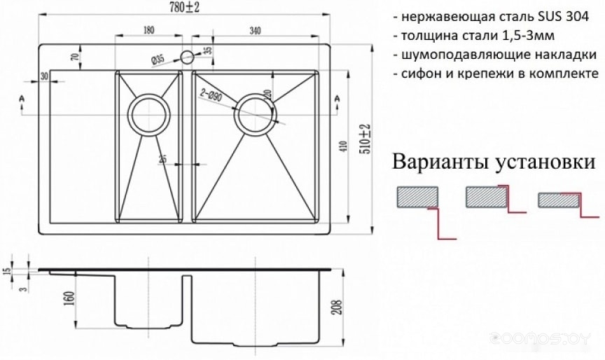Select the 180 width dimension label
click(148, 29)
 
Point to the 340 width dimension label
click(254, 29)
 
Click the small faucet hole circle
click(187, 57)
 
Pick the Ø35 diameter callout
click(158, 60)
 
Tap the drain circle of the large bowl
click(254, 113)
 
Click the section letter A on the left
click(23, 99)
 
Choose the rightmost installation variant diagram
click(562, 205)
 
